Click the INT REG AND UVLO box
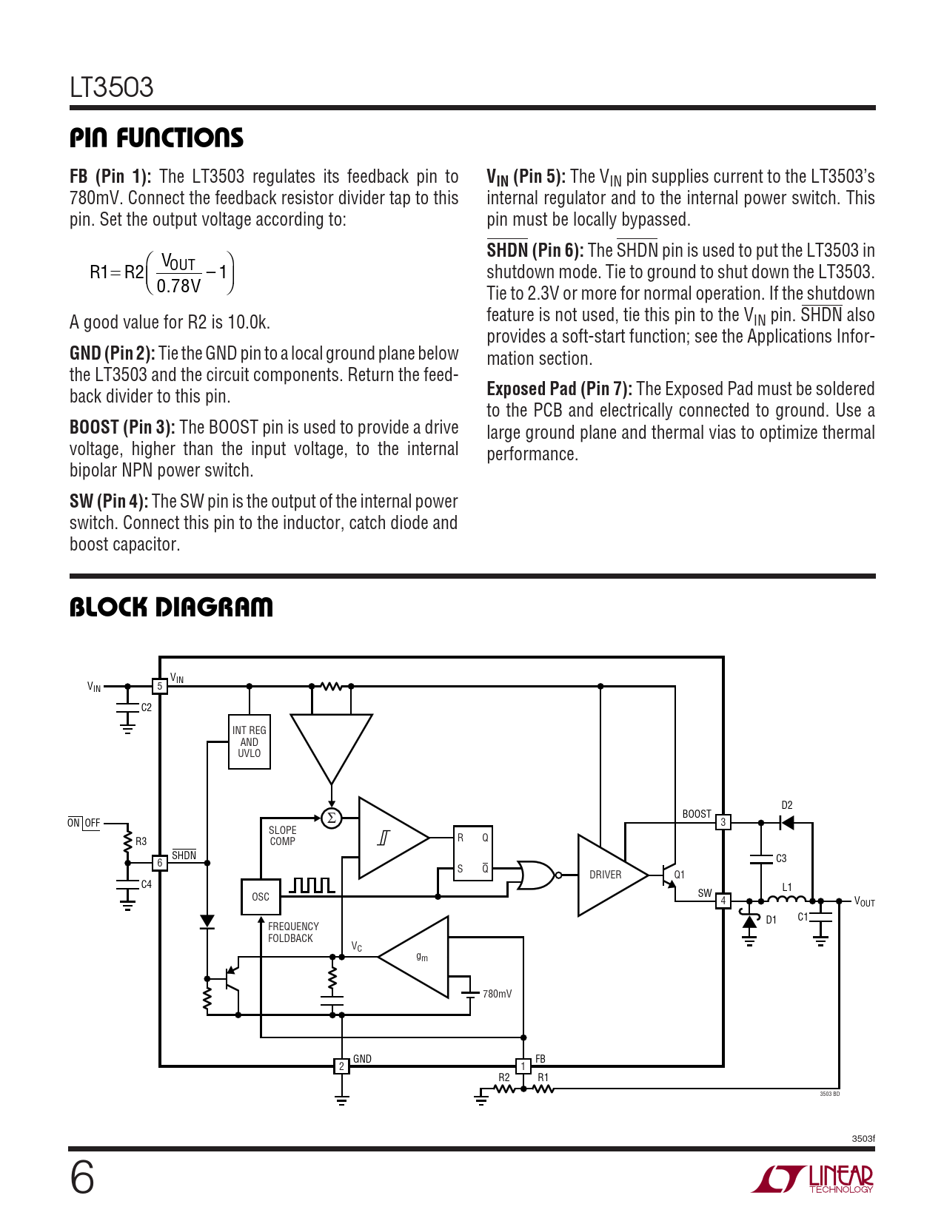point(250,741)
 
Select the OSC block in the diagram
point(261,897)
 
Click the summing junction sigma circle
point(332,818)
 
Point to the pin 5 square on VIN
point(159,686)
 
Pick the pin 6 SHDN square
point(159,863)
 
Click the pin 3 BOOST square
point(723,822)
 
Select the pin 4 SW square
point(723,901)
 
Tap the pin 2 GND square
point(341,1066)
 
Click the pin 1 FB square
point(523,1066)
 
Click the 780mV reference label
point(497,994)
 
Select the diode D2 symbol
point(787,822)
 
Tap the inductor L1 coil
point(786,899)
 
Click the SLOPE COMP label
point(282,835)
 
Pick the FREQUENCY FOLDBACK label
point(293,932)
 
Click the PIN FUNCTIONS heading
point(156,138)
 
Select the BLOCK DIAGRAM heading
point(171,607)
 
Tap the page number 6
point(82,1177)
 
